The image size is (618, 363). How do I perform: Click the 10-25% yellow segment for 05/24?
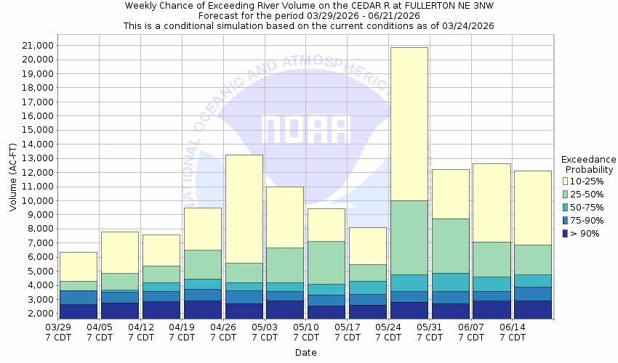pyautogui.click(x=409, y=123)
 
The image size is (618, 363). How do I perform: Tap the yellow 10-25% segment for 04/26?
pyautogui.click(x=244, y=209)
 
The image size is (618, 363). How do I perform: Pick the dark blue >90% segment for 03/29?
pyautogui.click(x=79, y=311)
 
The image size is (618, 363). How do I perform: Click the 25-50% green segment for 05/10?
pyautogui.click(x=326, y=262)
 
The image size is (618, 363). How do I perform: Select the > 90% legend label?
pyautogui.click(x=586, y=233)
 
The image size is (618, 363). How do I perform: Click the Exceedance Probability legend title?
pyautogui.click(x=589, y=165)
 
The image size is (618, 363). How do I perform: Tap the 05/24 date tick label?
pyautogui.click(x=389, y=332)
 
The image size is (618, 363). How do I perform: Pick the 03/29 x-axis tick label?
pyautogui.click(x=58, y=332)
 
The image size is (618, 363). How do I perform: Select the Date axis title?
pyautogui.click(x=305, y=353)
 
